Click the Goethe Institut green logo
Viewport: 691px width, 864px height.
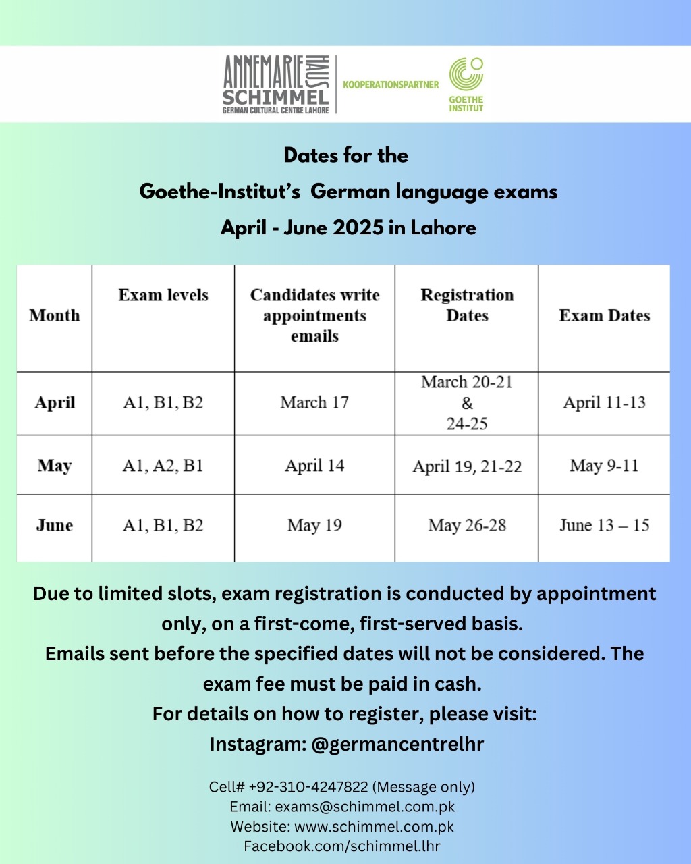click(466, 84)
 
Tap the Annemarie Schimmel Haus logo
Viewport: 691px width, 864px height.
click(275, 84)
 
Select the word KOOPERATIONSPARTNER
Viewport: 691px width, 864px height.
click(391, 84)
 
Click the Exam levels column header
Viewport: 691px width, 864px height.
click(163, 296)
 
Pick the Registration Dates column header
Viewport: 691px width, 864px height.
click(467, 305)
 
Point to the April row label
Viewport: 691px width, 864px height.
click(55, 403)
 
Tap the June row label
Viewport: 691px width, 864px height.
click(54, 526)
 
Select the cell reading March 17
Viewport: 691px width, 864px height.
click(314, 403)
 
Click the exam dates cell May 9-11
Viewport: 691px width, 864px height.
click(604, 466)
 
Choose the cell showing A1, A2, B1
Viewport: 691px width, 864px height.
click(163, 466)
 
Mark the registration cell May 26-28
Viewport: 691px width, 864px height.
click(467, 526)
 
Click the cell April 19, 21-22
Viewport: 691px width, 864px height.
click(467, 466)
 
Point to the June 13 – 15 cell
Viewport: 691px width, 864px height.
click(604, 526)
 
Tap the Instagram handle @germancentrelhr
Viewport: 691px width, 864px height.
click(397, 744)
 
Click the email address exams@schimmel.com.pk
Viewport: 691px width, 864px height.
click(365, 807)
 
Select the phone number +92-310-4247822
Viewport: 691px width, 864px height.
click(308, 787)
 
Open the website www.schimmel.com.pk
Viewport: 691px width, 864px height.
click(374, 826)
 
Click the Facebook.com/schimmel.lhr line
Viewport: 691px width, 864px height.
click(342, 846)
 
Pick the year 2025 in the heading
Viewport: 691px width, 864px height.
click(349, 227)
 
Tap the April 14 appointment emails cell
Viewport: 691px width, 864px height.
click(314, 466)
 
